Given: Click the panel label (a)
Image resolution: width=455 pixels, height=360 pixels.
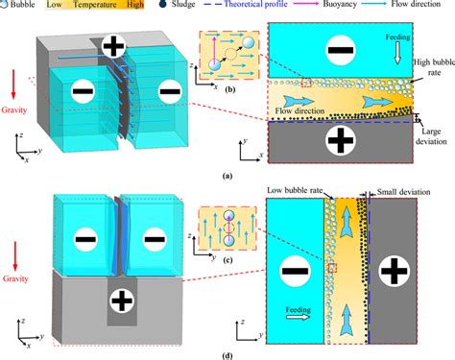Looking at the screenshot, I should pos(227,177).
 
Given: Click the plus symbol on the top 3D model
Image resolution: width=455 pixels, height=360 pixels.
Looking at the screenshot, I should pos(112,45).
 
